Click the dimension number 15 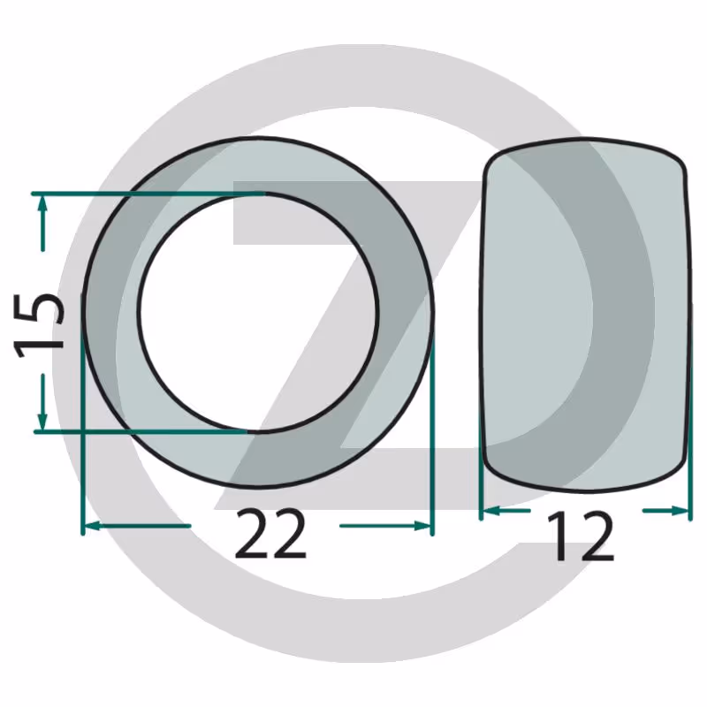39,325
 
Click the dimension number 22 270,533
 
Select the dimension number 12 582,536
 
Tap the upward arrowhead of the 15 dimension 42,207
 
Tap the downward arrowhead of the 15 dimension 42,419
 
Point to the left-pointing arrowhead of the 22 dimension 93,526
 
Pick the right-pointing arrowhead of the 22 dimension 422,526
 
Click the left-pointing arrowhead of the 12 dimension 491,511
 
